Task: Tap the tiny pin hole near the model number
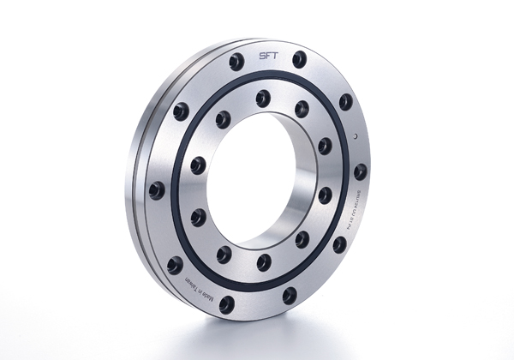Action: click(x=353, y=136)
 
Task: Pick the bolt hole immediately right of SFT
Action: click(x=299, y=60)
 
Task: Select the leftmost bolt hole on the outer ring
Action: click(x=157, y=190)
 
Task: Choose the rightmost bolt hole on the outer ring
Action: click(x=361, y=171)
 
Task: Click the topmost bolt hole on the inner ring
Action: click(x=262, y=98)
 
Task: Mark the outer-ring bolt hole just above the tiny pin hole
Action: click(x=345, y=102)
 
